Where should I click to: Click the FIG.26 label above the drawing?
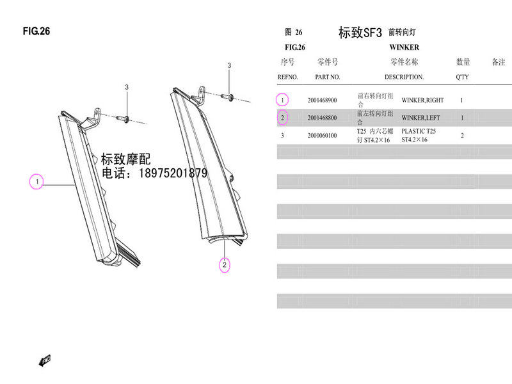coord(36,31)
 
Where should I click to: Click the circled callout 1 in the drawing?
coord(38,182)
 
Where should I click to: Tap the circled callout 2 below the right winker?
coord(225,264)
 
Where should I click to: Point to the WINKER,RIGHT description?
coord(422,100)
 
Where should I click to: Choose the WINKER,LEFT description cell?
coord(420,118)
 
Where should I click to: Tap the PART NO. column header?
coord(327,77)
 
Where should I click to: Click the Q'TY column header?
coord(462,77)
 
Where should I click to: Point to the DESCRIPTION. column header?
coord(404,77)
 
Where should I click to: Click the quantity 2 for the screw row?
coord(462,135)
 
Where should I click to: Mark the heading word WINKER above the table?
coord(404,47)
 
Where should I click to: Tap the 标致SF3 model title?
coord(360,33)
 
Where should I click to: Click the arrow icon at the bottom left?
coord(44,362)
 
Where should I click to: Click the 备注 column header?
coord(499,62)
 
